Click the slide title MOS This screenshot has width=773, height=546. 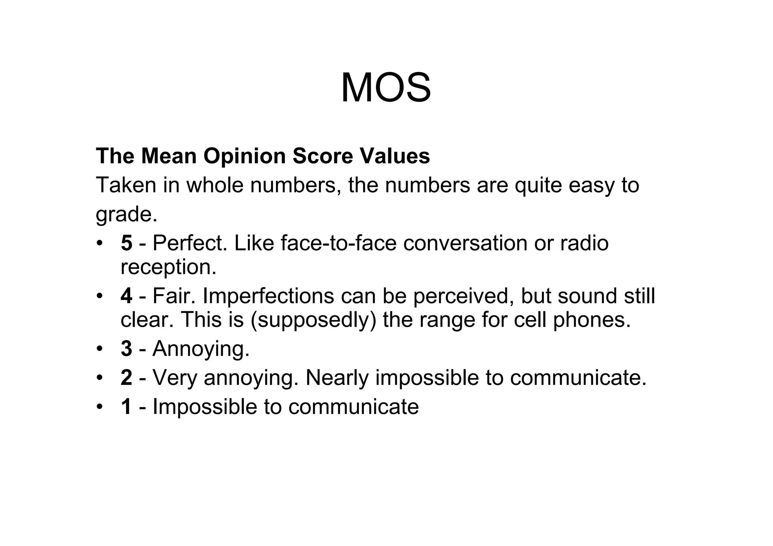point(386,88)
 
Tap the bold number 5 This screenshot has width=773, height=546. point(126,243)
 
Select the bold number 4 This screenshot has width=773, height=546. point(126,296)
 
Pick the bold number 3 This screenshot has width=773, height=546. point(126,348)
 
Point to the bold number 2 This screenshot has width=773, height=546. point(126,378)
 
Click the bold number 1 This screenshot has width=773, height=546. point(126,407)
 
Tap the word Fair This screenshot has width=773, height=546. point(174,296)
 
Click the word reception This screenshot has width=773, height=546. point(168,267)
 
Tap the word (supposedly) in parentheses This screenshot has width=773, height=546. point(313,320)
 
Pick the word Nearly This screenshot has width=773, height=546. point(337,378)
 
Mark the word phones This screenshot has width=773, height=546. point(592,320)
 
